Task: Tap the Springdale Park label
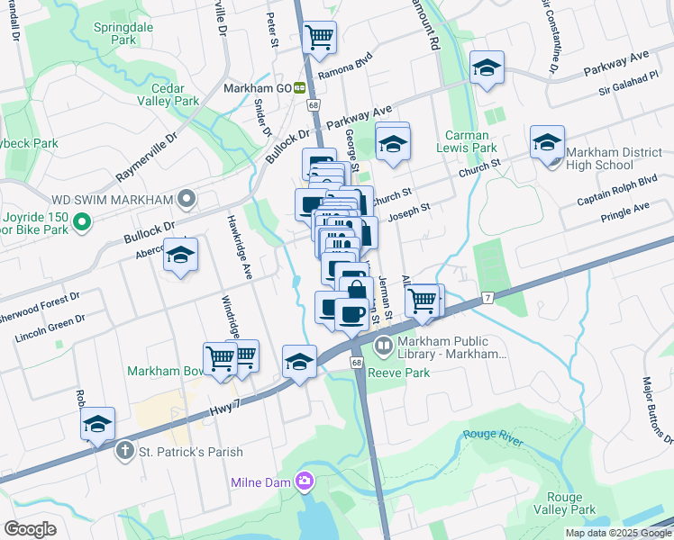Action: tap(124, 34)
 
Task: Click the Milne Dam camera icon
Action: tap(305, 481)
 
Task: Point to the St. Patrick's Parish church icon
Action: tap(125, 449)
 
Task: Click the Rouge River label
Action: tap(493, 435)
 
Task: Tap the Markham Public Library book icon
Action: tap(382, 346)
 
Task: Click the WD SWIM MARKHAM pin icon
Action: tap(187, 198)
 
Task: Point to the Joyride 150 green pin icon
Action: tap(81, 220)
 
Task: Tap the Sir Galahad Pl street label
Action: tap(629, 78)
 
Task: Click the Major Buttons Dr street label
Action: tap(656, 409)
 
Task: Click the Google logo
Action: tap(31, 528)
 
